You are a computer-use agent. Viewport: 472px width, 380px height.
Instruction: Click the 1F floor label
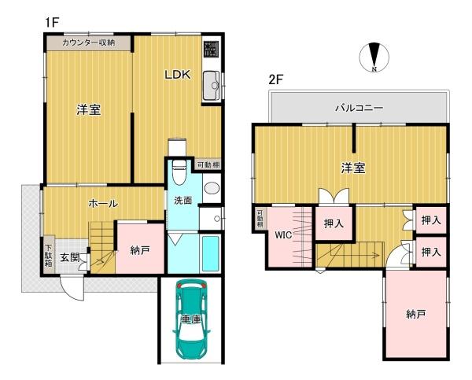click(x=52, y=23)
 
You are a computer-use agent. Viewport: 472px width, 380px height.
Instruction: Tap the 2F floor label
click(x=275, y=79)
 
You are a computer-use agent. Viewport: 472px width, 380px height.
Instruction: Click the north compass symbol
click(x=374, y=58)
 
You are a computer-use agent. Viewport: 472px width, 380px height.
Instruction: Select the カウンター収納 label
click(x=89, y=42)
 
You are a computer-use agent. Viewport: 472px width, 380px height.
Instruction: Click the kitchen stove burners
click(x=212, y=50)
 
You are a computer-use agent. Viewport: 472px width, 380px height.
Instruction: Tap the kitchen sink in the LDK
click(x=211, y=86)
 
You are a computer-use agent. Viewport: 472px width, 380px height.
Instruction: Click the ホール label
click(x=103, y=203)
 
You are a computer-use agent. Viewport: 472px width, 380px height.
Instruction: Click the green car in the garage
click(x=191, y=319)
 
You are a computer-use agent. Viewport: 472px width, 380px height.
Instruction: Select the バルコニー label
click(x=359, y=106)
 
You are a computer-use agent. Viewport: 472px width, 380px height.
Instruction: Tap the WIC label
click(x=283, y=235)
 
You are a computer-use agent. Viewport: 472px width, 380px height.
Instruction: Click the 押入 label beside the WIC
click(x=334, y=223)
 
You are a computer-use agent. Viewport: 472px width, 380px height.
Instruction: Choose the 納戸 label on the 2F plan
click(x=416, y=314)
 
